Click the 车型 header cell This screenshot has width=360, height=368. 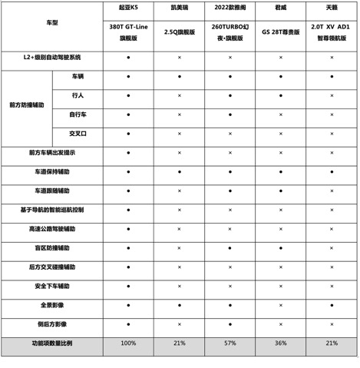pyautogui.click(x=52, y=24)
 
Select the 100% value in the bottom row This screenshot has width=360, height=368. pyautogui.click(x=128, y=343)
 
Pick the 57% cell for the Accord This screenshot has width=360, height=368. pyautogui.click(x=230, y=343)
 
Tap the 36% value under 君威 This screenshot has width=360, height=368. pyautogui.click(x=280, y=343)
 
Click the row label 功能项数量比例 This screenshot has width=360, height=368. pyautogui.click(x=52, y=343)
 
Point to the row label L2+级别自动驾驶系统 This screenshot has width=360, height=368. pyautogui.click(x=52, y=58)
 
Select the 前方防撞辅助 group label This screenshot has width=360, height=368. pyautogui.click(x=27, y=104)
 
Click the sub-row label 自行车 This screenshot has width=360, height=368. pyautogui.click(x=78, y=114)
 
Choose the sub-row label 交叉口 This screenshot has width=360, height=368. pyautogui.click(x=78, y=134)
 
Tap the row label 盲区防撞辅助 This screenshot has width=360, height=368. pyautogui.click(x=52, y=248)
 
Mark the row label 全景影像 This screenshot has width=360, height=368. pyautogui.click(x=52, y=305)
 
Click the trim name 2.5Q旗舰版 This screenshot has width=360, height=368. pyautogui.click(x=179, y=33)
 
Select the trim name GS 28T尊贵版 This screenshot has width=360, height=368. pyautogui.click(x=280, y=33)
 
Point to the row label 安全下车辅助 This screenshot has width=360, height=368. pyautogui.click(x=52, y=286)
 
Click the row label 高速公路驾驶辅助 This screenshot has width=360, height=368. pyautogui.click(x=52, y=229)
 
